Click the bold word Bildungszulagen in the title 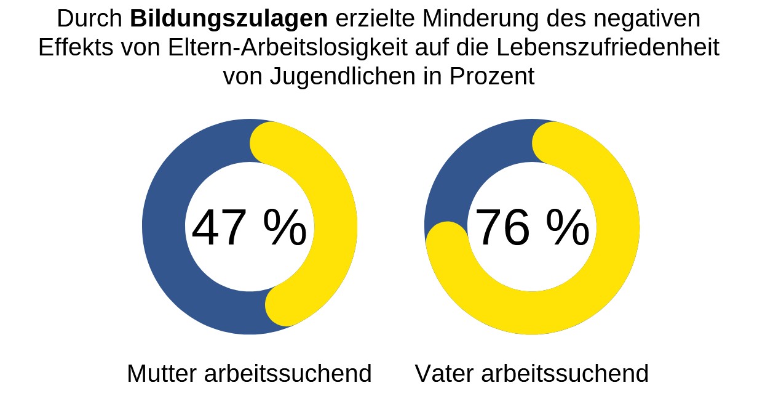click(x=229, y=20)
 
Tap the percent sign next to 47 click(x=285, y=228)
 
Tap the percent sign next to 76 click(x=568, y=228)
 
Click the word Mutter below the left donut click(x=161, y=374)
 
